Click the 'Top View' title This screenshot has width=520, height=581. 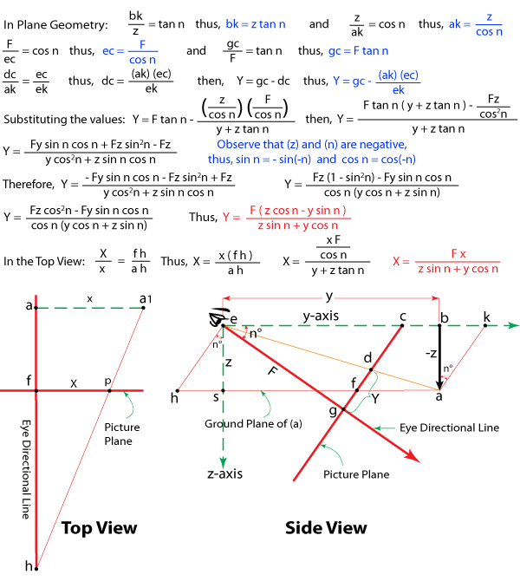point(100,528)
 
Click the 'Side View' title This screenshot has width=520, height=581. point(326,528)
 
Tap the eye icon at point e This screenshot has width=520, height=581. point(218,317)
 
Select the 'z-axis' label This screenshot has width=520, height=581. point(224,474)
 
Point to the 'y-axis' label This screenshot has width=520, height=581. point(321,316)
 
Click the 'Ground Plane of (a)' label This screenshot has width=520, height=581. point(253,424)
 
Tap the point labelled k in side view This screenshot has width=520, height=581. point(485,326)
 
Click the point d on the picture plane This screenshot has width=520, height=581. point(371,369)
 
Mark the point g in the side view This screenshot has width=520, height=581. point(343,409)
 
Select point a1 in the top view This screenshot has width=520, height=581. point(143,308)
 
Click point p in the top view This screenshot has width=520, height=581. point(109,390)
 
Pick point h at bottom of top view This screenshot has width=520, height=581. point(36,568)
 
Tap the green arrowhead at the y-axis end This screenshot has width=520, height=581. point(513,325)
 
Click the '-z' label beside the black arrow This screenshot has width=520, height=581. point(431,353)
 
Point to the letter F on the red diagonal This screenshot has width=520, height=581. point(273,369)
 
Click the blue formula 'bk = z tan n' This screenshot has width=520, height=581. point(256,24)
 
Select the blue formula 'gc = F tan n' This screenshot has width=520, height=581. point(358,51)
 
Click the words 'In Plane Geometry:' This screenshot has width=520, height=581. point(55,25)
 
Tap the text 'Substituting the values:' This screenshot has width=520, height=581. point(64,120)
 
